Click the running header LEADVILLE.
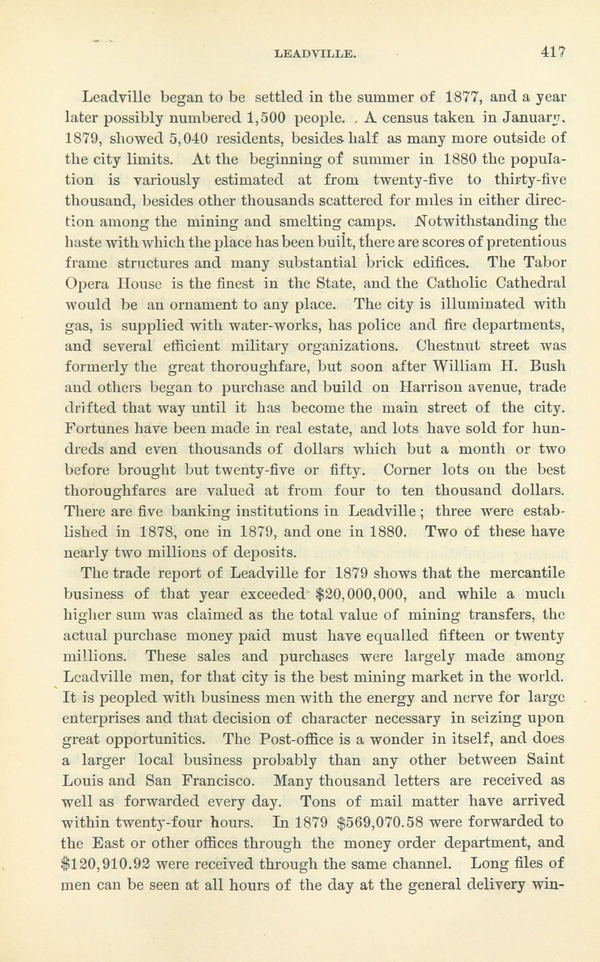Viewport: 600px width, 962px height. pyautogui.click(x=314, y=54)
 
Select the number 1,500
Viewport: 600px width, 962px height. pyautogui.click(x=260, y=118)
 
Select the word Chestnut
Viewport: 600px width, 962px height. pyautogui.click(x=448, y=345)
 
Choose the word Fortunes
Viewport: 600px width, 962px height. pyautogui.click(x=95, y=428)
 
